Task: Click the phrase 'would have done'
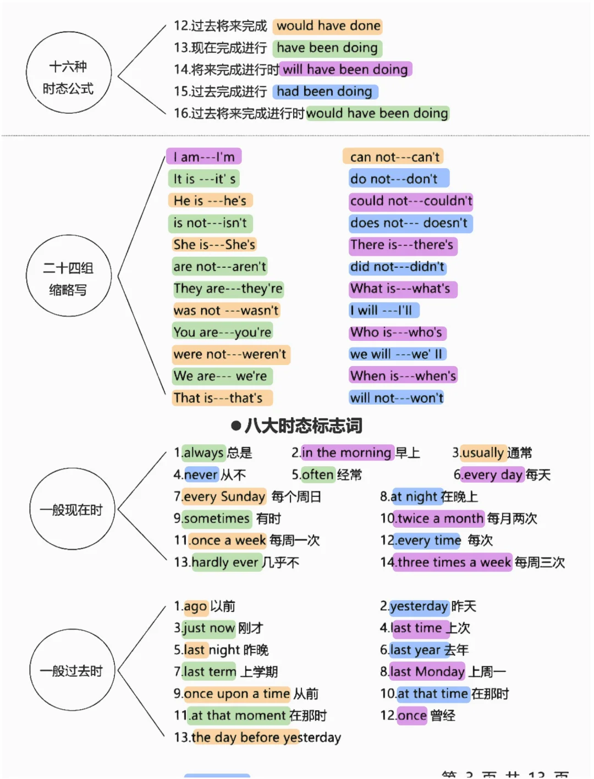[x=328, y=26]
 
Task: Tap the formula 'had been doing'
[x=324, y=91]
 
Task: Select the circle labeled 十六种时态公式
[x=68, y=72]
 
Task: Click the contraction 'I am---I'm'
[x=204, y=157]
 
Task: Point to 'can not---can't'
[x=394, y=157]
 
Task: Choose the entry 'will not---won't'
[x=396, y=398]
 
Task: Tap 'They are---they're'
[x=228, y=289]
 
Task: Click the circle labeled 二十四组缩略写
[x=68, y=275]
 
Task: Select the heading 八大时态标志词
[x=303, y=426]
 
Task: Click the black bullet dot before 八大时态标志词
[x=236, y=426]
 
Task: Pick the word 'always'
[x=203, y=453]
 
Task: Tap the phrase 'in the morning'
[x=346, y=453]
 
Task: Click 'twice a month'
[x=440, y=518]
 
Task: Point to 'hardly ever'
[x=224, y=562]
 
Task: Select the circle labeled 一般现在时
[x=71, y=510]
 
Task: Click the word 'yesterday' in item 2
[x=419, y=606]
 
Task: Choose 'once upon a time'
[x=237, y=694]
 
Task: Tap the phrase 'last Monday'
[x=427, y=672]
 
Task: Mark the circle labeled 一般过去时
[x=71, y=671]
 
